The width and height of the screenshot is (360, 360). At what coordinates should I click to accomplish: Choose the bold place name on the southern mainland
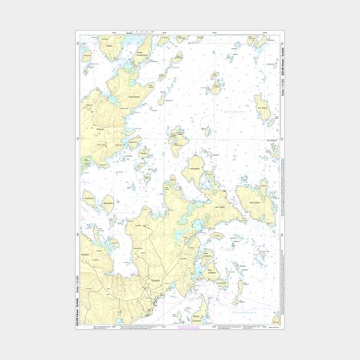(x=145, y=281)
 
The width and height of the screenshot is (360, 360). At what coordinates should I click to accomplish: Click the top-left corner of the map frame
(x=77, y=32)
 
